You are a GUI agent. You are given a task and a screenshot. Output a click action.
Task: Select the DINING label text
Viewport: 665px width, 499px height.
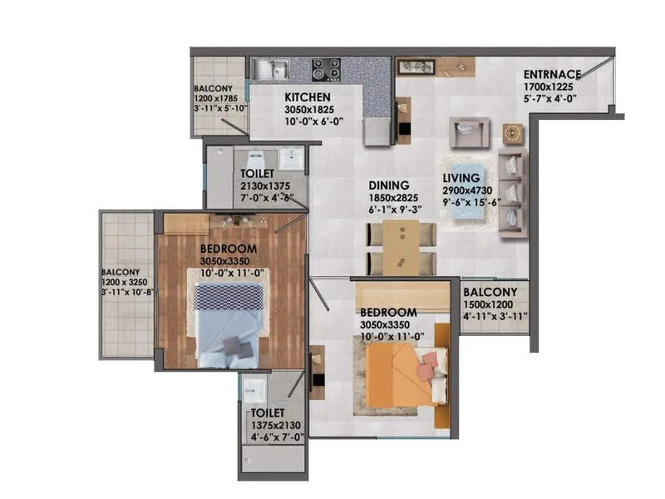pos(389,185)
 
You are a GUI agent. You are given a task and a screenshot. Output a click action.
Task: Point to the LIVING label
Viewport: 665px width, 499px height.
pos(461,178)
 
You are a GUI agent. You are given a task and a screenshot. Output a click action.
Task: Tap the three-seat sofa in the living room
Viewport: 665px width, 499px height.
pos(512,193)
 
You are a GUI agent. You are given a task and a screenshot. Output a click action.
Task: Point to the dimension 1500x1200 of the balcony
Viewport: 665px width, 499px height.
pos(490,304)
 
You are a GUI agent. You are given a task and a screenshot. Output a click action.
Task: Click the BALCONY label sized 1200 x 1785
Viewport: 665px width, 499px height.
pos(213,88)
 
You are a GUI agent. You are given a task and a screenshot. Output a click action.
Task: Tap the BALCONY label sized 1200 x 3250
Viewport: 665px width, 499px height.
pos(121,272)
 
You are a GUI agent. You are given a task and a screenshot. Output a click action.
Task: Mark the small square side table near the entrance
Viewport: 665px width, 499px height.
pos(514,134)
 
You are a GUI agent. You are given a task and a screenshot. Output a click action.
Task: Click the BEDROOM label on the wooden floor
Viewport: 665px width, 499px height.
pos(228,249)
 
